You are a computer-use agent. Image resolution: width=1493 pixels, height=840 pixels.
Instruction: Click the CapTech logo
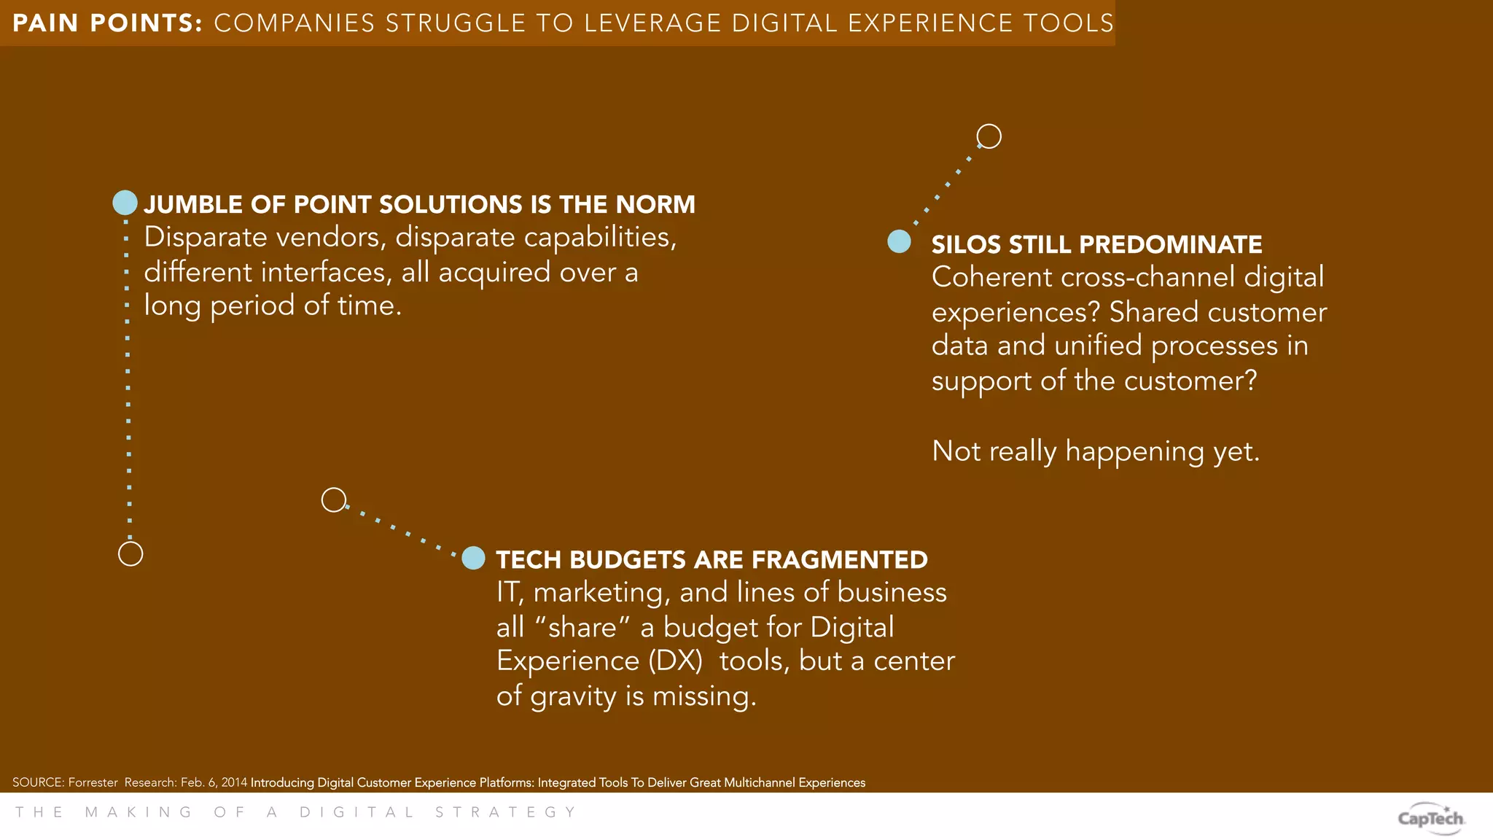[1430, 818]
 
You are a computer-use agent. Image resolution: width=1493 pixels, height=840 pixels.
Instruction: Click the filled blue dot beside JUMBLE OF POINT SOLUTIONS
[125, 203]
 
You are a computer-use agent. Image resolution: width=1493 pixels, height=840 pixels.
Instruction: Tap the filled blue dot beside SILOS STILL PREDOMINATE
[899, 241]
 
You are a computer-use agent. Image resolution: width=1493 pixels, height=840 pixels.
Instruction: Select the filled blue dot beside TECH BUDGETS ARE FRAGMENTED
[474, 558]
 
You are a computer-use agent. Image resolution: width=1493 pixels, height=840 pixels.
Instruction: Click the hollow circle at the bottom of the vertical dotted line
[130, 554]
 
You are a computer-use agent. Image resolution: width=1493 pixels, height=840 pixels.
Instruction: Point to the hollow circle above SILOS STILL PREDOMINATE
[989, 136]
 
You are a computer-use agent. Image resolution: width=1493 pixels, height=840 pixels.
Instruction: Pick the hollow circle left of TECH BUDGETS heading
[334, 500]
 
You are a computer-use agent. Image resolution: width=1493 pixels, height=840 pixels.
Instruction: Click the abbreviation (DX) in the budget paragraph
[675, 661]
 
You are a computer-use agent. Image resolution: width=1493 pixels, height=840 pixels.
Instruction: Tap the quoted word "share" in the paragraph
[582, 627]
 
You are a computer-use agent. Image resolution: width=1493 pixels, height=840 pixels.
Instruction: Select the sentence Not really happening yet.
[1095, 451]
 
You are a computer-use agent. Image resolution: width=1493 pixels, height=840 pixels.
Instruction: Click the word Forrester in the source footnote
[93, 782]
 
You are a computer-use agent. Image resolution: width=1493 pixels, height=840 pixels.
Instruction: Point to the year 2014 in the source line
[234, 782]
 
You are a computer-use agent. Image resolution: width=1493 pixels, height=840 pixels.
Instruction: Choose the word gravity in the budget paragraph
[573, 696]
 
